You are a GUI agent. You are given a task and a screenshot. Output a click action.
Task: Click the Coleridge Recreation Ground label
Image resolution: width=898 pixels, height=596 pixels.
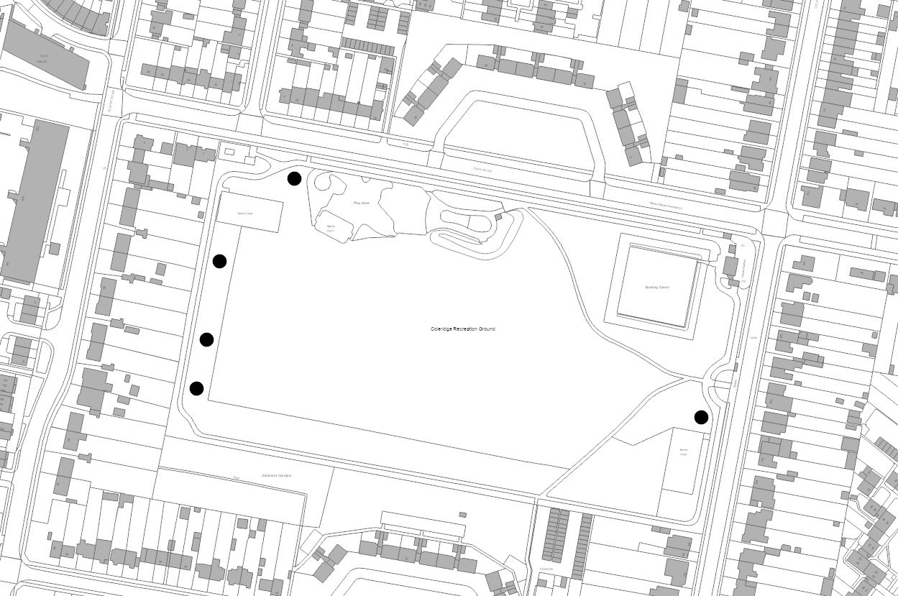(462, 329)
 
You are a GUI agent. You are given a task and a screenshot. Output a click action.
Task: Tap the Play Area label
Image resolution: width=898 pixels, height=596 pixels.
(361, 203)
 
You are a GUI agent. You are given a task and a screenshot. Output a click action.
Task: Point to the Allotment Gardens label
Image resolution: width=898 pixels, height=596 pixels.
(277, 476)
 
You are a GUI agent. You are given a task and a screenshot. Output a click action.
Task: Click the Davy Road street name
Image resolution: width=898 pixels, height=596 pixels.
(482, 169)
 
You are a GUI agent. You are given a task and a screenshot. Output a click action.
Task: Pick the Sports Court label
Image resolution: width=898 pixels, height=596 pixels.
(331, 228)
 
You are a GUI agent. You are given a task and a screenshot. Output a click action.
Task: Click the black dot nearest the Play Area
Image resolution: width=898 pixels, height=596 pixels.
(294, 178)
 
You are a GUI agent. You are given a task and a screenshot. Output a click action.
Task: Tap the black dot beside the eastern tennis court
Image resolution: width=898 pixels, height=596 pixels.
(701, 417)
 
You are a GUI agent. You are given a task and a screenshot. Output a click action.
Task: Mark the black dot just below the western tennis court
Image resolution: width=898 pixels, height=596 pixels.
(219, 261)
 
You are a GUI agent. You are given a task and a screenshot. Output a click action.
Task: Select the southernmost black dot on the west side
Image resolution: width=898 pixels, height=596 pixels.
(196, 388)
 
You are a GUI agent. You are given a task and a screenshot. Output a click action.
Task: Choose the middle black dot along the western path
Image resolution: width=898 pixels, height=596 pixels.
(206, 339)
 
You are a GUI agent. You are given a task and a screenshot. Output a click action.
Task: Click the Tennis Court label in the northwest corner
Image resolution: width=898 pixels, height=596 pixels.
(245, 214)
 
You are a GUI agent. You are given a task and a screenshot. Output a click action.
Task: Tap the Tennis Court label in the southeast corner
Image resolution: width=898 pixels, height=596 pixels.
(683, 453)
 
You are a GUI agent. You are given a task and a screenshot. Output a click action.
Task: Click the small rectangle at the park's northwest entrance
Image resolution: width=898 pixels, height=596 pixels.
(230, 152)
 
